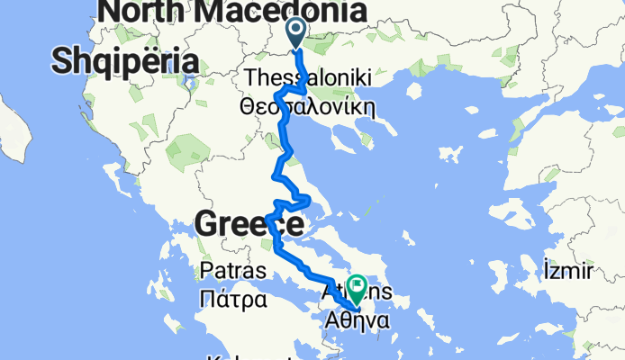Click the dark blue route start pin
tap(297, 33)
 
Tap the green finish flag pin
tap(355, 289)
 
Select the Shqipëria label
tap(124, 61)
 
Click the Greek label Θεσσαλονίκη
tap(306, 106)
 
